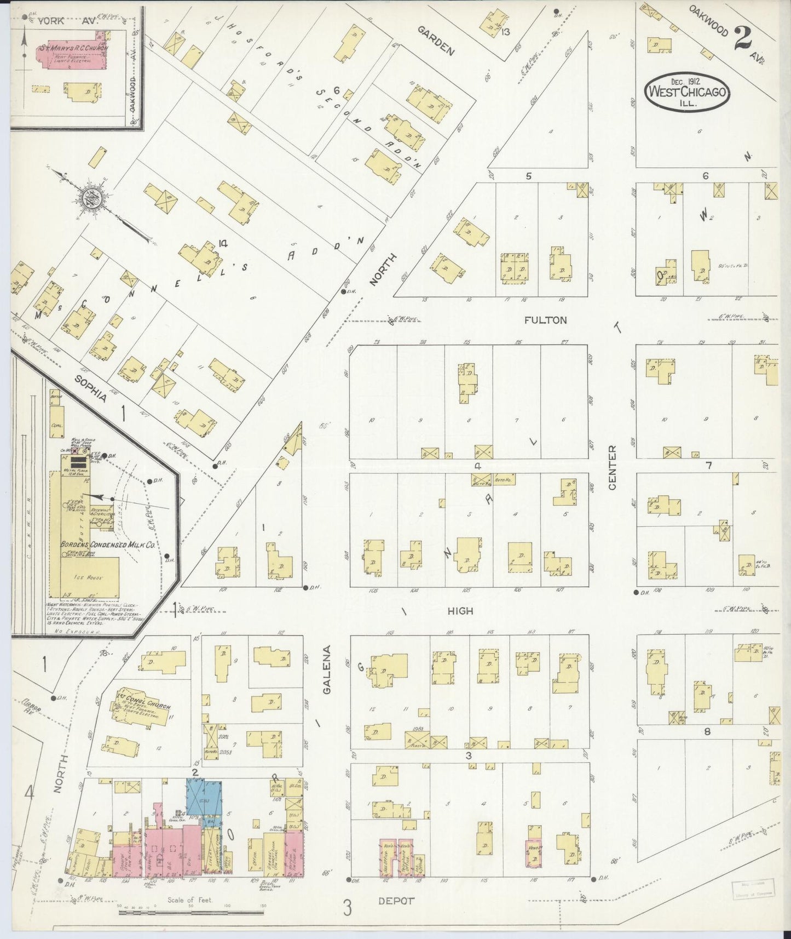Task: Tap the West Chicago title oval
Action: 688,92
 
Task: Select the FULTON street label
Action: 545,320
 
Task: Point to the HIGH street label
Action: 460,610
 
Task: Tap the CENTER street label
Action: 612,467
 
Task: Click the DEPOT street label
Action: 396,900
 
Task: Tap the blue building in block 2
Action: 204,797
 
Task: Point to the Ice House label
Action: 89,578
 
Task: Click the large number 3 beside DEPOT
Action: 347,908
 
